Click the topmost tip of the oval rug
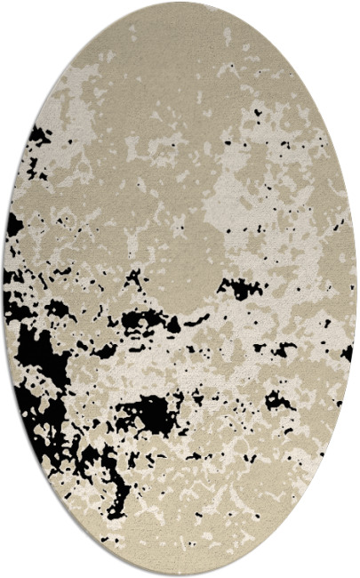click(180, 4)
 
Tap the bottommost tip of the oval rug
click(180, 574)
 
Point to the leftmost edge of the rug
click(4, 289)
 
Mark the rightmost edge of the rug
click(356, 289)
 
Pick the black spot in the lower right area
click(276, 400)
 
